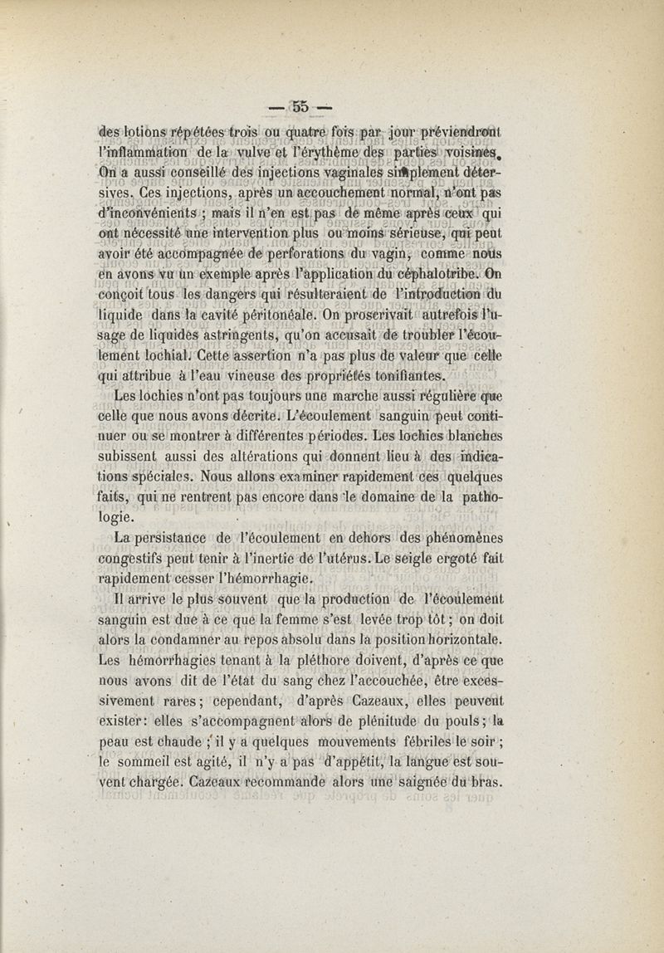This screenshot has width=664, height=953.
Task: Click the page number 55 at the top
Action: pos(300,105)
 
